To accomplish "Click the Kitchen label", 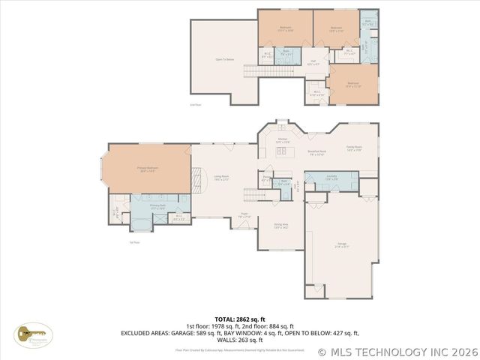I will tap(283, 140).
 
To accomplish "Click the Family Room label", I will tap(354, 148).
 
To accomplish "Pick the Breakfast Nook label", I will tap(316, 153).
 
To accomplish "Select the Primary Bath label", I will tap(157, 205).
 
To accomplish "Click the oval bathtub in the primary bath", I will tap(140, 222).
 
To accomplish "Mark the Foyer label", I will tap(244, 216).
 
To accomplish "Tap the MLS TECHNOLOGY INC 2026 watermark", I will tap(397, 351).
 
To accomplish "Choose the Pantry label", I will tap(266, 180).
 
